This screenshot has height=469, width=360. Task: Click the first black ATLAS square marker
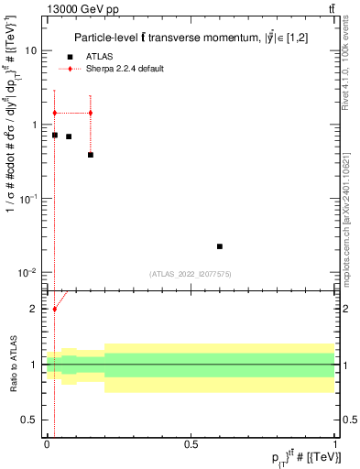55,135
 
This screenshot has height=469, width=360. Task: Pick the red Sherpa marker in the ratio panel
55,309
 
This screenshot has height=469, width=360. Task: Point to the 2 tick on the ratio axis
36,309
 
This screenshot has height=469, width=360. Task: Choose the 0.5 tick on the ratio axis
31,420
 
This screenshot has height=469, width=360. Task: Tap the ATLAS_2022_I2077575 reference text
191,274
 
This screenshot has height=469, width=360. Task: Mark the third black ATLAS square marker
91,155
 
